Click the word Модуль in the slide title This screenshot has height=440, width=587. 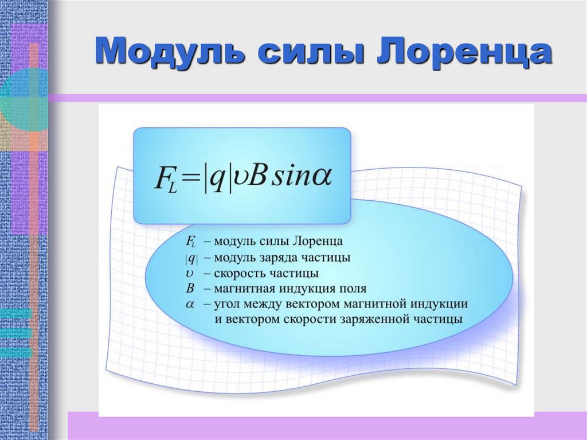pos(170,52)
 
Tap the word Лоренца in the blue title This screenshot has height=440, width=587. pos(464,52)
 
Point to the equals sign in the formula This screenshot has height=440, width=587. pos(190,178)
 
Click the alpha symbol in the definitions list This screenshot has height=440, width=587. pos(190,304)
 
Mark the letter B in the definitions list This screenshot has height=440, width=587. pos(190,289)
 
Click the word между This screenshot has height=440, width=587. pos(264,304)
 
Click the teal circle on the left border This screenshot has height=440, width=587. pos(23,99)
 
